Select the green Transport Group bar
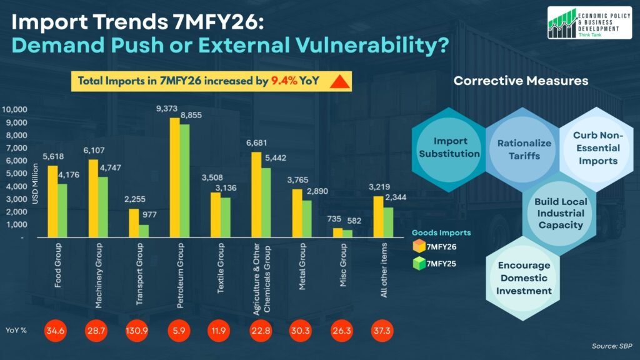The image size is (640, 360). click(144, 231)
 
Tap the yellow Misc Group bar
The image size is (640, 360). click(337, 233)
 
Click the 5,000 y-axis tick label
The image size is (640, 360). click(17, 174)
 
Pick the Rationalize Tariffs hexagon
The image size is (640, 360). click(524, 149)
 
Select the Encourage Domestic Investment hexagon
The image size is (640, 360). click(524, 278)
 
